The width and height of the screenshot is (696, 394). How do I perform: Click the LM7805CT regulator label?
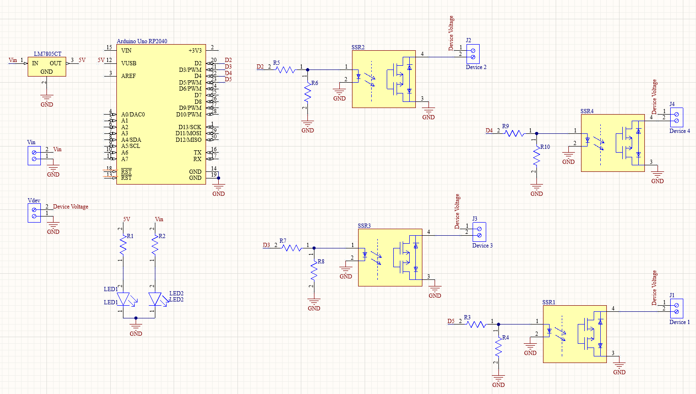coord(47,54)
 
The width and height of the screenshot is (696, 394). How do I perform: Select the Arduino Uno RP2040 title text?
coord(142,41)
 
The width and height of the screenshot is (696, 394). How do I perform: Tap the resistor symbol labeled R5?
coord(285,70)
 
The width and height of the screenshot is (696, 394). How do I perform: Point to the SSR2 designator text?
coord(358,47)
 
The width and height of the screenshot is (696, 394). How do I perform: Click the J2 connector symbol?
coord(473,54)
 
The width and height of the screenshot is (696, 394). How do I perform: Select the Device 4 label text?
coord(680,131)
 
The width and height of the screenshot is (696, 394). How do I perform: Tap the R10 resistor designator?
coord(545,147)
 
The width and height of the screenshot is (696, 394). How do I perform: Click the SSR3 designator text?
coord(364,226)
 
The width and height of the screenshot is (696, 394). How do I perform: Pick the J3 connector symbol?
coord(479,232)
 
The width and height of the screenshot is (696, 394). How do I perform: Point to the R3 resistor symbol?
coord(476,324)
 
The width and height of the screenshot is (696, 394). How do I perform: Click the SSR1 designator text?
coord(549,302)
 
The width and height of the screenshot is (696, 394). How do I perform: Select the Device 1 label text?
coord(680,322)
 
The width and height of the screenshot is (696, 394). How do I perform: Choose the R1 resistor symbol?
coord(123,245)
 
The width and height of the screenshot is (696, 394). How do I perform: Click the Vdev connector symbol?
coord(34,213)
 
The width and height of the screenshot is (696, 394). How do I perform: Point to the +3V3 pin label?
coord(195,51)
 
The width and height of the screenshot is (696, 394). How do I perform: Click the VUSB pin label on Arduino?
coord(129,63)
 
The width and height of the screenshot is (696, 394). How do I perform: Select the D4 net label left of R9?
coord(489,131)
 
